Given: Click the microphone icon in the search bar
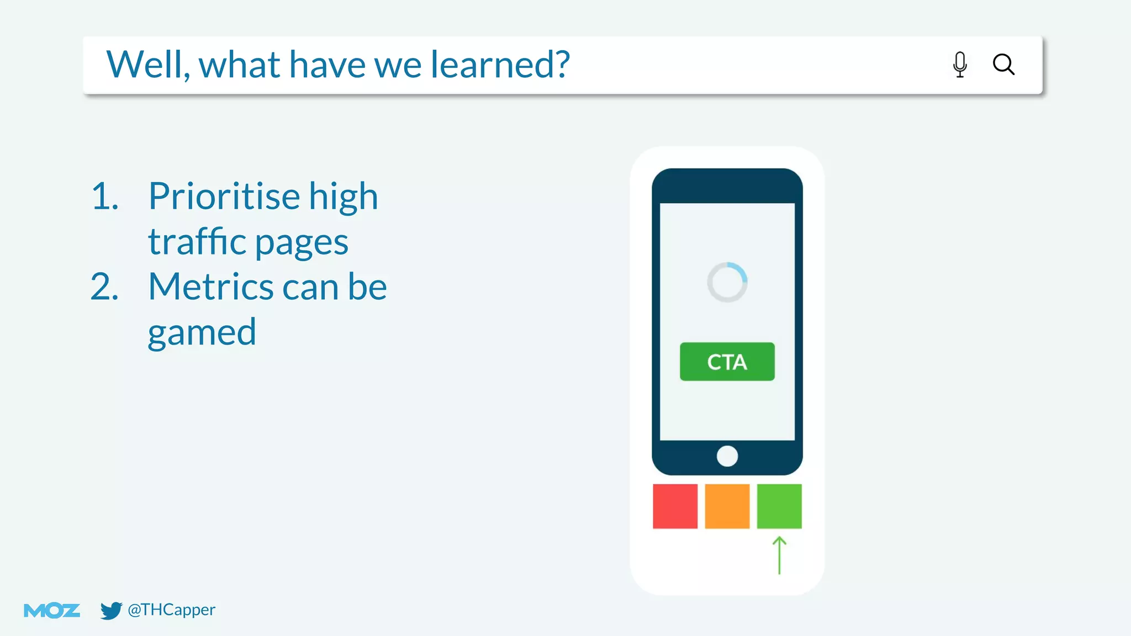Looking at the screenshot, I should click(960, 64).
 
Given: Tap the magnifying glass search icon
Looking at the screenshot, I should click(1003, 64).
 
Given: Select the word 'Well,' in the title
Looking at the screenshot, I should click(148, 65).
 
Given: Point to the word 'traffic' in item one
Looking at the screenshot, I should click(197, 241).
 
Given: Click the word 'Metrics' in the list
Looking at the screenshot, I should click(211, 287).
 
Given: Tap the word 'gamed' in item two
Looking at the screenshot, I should click(202, 332).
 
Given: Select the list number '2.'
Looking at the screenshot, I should click(105, 287).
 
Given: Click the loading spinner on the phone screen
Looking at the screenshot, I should click(727, 282).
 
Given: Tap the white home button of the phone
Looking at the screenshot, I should click(727, 456).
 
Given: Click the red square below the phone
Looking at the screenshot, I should click(675, 506).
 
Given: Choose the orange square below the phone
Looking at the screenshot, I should click(727, 506).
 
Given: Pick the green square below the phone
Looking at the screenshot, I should click(779, 506).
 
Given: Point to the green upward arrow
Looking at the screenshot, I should click(779, 555).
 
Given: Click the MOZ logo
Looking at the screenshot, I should click(52, 611).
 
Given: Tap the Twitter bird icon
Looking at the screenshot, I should click(110, 611).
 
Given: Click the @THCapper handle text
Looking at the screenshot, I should click(171, 609).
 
